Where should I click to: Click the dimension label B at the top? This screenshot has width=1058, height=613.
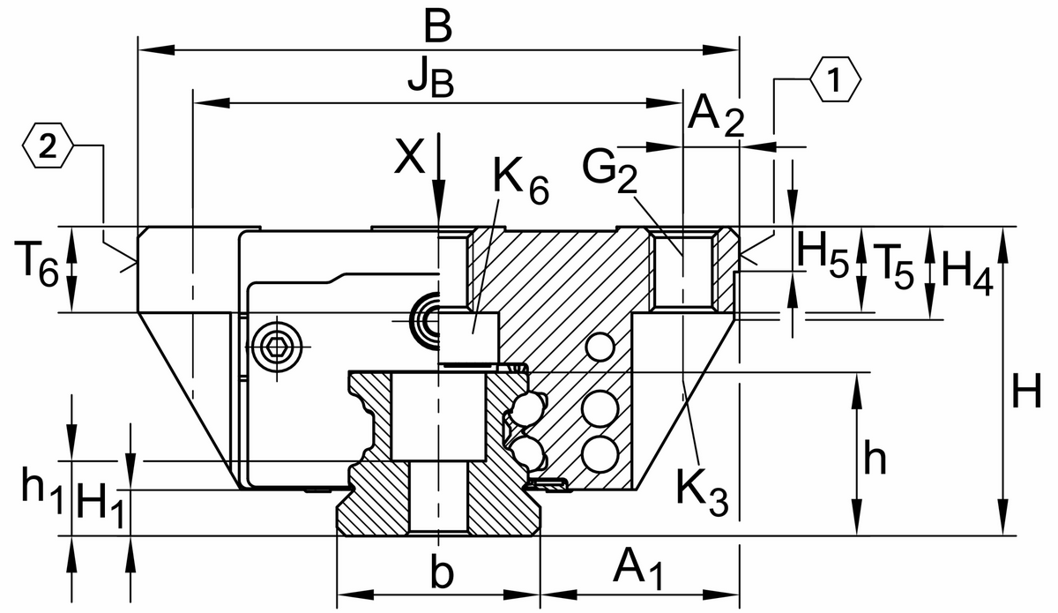[437, 27]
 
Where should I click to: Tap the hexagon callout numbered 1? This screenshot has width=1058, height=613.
[834, 80]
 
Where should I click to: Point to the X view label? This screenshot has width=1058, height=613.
[408, 158]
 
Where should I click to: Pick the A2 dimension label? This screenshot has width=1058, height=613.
[715, 115]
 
